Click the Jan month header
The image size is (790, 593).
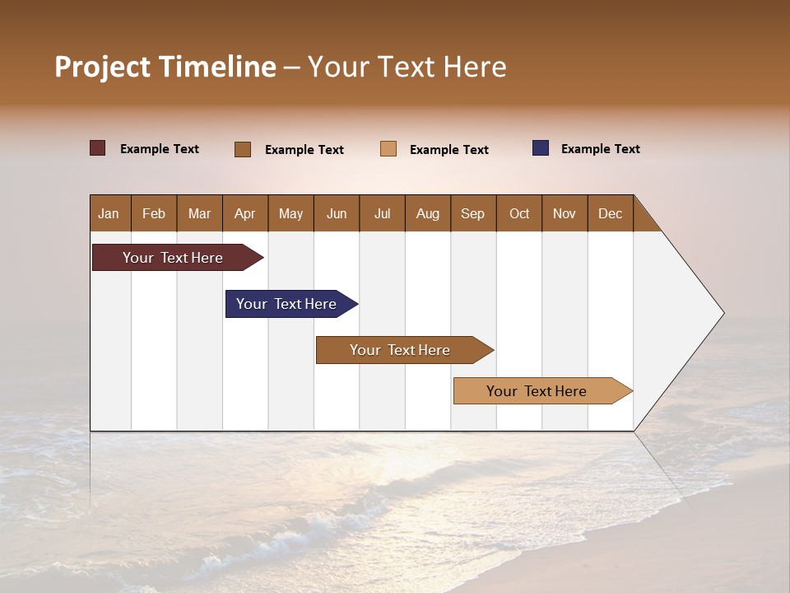pyautogui.click(x=109, y=213)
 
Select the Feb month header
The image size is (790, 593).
pyautogui.click(x=154, y=213)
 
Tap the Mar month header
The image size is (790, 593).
pyautogui.click(x=199, y=213)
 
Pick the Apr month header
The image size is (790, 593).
pyautogui.click(x=245, y=213)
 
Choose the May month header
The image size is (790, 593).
pyautogui.click(x=290, y=213)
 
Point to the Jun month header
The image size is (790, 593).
pyautogui.click(x=337, y=213)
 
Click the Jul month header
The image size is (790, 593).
pyautogui.click(x=382, y=213)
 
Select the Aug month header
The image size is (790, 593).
pyautogui.click(x=428, y=213)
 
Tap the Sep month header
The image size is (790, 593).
pyautogui.click(x=473, y=213)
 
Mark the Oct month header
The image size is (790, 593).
pyautogui.click(x=519, y=213)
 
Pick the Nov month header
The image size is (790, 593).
pyautogui.click(x=565, y=213)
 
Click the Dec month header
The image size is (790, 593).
pyautogui.click(x=611, y=213)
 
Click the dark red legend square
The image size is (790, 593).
pyautogui.click(x=98, y=148)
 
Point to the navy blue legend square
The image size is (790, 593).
pyautogui.click(x=541, y=148)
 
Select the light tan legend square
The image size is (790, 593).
pyautogui.click(x=388, y=149)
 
